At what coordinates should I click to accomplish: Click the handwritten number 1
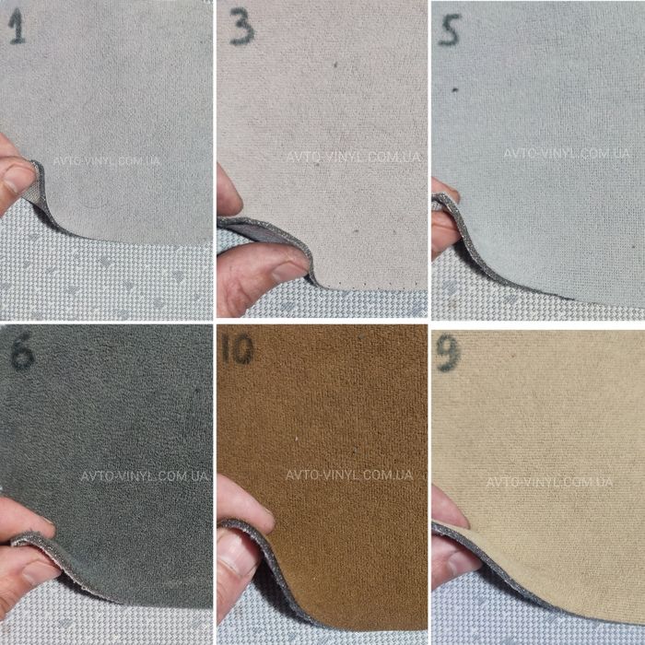[17, 27]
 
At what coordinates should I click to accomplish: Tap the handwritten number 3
[241, 28]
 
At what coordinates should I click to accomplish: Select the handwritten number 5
[450, 29]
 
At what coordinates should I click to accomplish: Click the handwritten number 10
[238, 349]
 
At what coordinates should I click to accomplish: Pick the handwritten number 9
[448, 353]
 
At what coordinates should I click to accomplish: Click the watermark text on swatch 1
[106, 160]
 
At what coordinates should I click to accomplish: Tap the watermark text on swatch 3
[353, 157]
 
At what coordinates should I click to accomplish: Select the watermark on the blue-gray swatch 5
[567, 154]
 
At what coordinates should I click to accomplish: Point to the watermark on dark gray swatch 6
[144, 476]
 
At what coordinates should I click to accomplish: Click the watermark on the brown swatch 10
[349, 475]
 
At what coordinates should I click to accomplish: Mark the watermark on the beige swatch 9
[549, 482]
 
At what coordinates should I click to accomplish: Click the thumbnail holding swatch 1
[18, 177]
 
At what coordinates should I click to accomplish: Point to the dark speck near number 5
[455, 89]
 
